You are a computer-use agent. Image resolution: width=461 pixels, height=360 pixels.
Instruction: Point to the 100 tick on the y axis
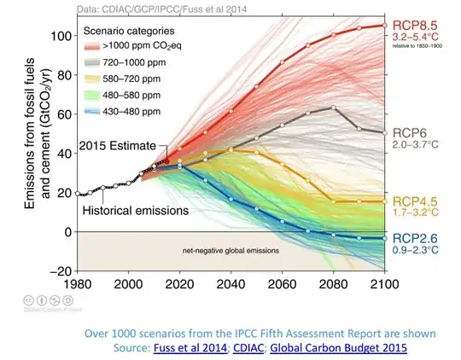pyautogui.click(x=58, y=36)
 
